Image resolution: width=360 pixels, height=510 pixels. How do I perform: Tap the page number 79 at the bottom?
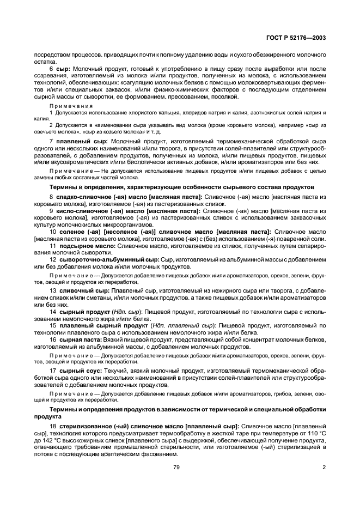(x=176, y=467)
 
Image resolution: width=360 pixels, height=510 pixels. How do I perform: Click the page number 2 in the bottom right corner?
(x=324, y=467)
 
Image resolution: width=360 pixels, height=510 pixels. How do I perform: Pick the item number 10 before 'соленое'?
(x=52, y=232)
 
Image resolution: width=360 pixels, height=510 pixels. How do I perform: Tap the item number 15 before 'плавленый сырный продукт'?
(x=52, y=325)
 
